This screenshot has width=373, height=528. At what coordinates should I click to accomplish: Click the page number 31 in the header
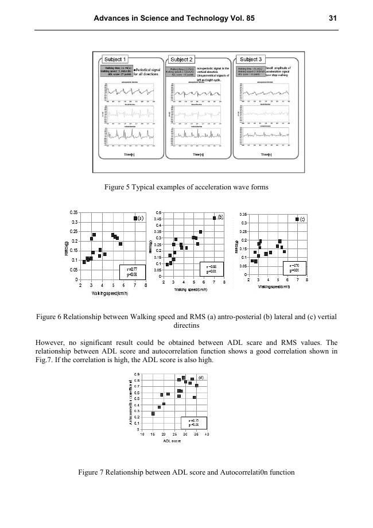[332, 18]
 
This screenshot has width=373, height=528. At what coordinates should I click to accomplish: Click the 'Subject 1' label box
[115, 59]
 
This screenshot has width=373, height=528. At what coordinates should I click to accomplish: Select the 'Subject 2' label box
[182, 60]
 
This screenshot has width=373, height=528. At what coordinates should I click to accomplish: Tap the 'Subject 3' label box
[251, 59]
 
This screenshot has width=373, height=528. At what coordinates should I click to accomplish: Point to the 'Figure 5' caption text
[187, 187]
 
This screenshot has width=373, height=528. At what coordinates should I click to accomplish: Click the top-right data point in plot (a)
[135, 219]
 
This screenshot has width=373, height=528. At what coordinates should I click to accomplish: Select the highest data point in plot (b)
[215, 218]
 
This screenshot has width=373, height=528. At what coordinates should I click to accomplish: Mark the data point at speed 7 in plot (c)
[297, 219]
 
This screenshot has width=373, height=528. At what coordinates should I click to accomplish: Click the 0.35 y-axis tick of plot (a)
[74, 213]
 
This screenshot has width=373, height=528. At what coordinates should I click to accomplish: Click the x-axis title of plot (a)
[109, 293]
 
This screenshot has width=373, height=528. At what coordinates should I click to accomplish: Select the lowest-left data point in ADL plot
[153, 413]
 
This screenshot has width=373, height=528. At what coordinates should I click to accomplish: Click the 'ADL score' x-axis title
[172, 441]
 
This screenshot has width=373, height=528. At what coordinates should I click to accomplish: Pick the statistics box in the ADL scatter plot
[193, 422]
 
